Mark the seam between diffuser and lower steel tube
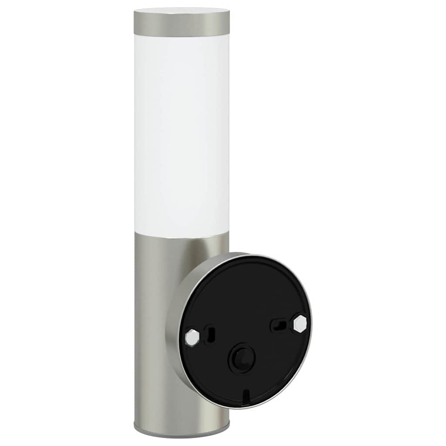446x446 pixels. (x=182, y=238)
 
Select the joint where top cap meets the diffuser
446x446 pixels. (x=182, y=37)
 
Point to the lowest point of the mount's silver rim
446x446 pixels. (x=244, y=408)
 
